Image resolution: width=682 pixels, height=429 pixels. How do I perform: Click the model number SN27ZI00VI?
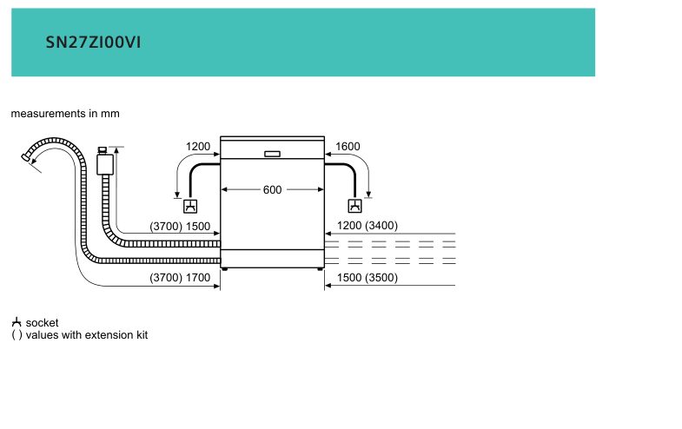(x=93, y=43)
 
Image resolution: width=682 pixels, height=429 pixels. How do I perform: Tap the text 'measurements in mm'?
(x=65, y=114)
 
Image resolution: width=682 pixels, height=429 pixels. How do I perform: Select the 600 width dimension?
(x=272, y=189)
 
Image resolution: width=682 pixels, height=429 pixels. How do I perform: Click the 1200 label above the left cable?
(x=198, y=147)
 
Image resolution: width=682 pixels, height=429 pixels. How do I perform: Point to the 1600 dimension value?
(x=348, y=147)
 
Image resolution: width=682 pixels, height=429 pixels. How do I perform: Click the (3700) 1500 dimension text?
(x=180, y=227)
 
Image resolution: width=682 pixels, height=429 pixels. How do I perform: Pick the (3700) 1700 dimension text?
(x=180, y=277)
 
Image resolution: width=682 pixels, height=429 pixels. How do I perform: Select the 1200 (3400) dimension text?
(x=367, y=226)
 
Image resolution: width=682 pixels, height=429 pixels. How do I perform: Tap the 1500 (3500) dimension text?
(x=367, y=277)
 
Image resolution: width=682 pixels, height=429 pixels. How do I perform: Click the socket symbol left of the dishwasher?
(x=190, y=206)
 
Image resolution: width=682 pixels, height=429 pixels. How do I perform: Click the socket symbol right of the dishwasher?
(x=355, y=206)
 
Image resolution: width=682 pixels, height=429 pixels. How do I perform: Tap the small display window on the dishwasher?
(x=272, y=154)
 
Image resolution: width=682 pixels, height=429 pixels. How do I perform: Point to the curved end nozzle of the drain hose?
(x=26, y=157)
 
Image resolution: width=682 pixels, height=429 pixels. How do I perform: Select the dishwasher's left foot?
(x=224, y=269)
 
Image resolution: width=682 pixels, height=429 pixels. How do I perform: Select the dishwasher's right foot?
(x=320, y=269)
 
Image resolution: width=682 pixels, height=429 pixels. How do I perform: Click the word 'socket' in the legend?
(x=42, y=323)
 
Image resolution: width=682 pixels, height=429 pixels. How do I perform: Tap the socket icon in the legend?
(x=17, y=322)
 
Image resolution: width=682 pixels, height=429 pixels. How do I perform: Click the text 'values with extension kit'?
(x=87, y=335)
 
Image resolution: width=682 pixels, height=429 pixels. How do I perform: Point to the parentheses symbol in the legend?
(x=17, y=335)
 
